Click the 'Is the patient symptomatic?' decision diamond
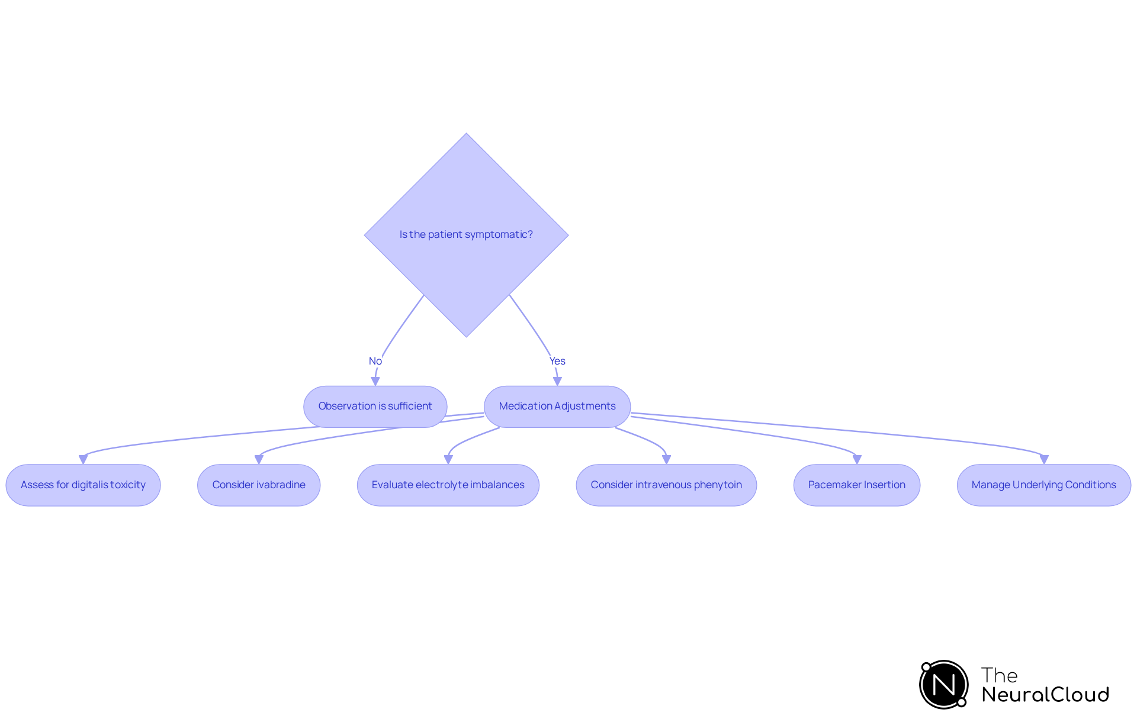[x=466, y=235]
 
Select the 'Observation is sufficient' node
[x=375, y=407]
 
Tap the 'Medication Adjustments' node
[x=557, y=407]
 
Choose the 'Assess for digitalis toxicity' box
[x=83, y=485]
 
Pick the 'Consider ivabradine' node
[x=259, y=485]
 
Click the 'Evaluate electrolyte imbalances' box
[x=448, y=485]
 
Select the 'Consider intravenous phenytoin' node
[x=666, y=485]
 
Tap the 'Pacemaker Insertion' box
[x=856, y=485]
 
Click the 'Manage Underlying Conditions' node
[x=1043, y=485]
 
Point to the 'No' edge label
[x=375, y=361]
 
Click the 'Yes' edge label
[x=557, y=361]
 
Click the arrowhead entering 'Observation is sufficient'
[x=375, y=382]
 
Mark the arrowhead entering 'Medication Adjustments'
[x=557, y=382]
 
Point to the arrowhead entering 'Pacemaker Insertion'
[x=857, y=460]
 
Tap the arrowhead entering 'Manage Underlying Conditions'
[x=1044, y=460]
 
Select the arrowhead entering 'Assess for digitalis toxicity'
[x=83, y=460]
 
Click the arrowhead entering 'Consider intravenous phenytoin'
[x=666, y=460]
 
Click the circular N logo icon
[x=944, y=685]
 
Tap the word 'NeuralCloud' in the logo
[x=1045, y=695]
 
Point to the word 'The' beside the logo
[x=999, y=675]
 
